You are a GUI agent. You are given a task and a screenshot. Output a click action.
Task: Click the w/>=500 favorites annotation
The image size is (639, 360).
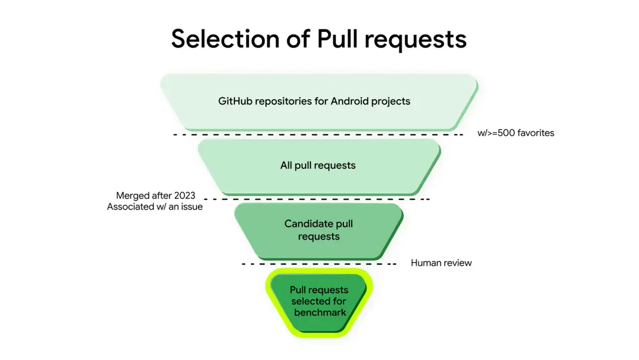[516, 133]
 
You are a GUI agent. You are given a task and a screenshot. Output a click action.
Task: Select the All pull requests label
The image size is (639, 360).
[318, 166]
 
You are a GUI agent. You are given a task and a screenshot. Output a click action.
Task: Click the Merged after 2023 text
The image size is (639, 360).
[155, 195]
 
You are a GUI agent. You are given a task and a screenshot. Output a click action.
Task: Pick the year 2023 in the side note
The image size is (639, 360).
[184, 195]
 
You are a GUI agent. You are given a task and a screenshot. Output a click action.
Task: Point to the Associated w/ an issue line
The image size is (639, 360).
[155, 207]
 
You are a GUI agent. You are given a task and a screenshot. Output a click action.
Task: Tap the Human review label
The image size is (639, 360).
[441, 263]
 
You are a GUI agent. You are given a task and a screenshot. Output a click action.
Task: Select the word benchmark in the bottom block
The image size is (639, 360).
[320, 313]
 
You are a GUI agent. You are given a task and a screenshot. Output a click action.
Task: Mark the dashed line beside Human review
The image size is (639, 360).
[319, 264]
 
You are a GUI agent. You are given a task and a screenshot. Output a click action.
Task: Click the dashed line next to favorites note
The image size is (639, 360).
[319, 135]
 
